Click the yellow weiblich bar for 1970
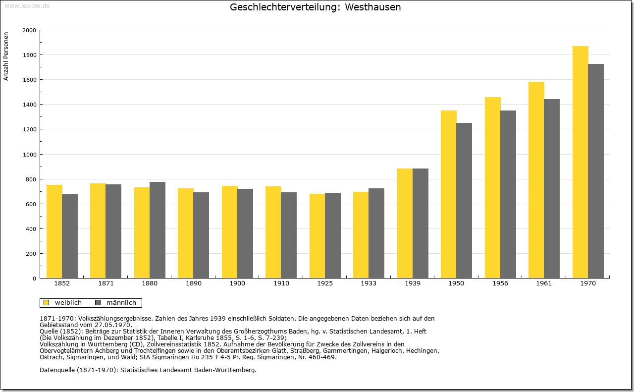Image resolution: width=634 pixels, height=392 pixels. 580,162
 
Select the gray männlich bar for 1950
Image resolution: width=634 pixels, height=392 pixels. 464,201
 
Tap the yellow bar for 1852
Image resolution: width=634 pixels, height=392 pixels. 54,231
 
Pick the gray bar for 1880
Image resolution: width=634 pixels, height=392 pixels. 158,230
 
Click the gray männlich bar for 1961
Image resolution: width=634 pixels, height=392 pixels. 552,189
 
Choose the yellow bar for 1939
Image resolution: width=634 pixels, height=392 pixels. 405,224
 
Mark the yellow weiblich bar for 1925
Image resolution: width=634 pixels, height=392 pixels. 317,236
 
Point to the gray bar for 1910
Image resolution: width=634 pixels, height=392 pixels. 289,235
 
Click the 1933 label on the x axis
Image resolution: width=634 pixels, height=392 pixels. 369,283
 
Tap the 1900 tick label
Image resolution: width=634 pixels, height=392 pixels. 237,283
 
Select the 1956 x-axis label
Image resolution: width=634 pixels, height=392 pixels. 500,283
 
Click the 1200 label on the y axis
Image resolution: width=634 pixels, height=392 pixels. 29,129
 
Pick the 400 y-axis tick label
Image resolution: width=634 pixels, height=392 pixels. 31,229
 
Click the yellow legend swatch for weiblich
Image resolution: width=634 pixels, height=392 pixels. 47,303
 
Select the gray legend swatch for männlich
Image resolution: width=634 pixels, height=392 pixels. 98,303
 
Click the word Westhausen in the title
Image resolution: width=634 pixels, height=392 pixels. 373,7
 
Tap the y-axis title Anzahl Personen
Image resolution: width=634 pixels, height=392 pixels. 6,56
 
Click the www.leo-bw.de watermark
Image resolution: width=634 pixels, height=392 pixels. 27,5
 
